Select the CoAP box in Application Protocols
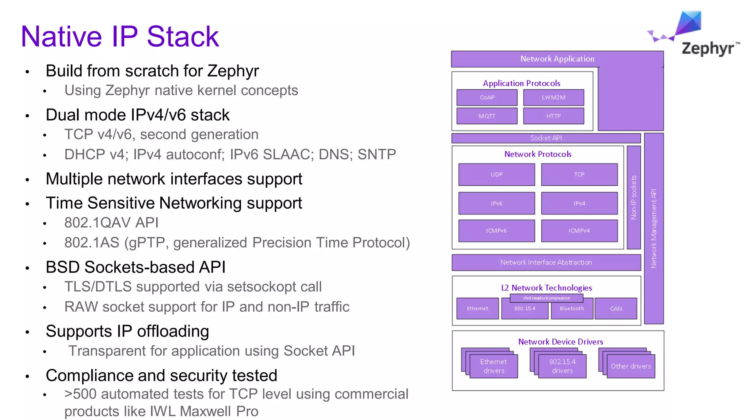click(x=487, y=97)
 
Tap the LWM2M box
click(x=553, y=97)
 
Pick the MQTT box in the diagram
click(x=487, y=116)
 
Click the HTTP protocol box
click(x=553, y=116)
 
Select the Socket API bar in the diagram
click(x=546, y=138)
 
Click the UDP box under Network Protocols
click(x=496, y=175)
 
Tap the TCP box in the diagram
click(x=579, y=175)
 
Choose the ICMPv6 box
click(x=496, y=231)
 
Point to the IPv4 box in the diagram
click(x=579, y=203)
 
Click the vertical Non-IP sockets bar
click(x=634, y=197)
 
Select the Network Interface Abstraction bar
click(x=546, y=262)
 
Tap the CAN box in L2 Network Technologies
click(x=616, y=309)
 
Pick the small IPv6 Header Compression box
click(x=546, y=298)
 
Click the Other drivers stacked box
click(x=631, y=366)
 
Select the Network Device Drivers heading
click(x=560, y=342)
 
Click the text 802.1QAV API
click(x=111, y=223)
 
